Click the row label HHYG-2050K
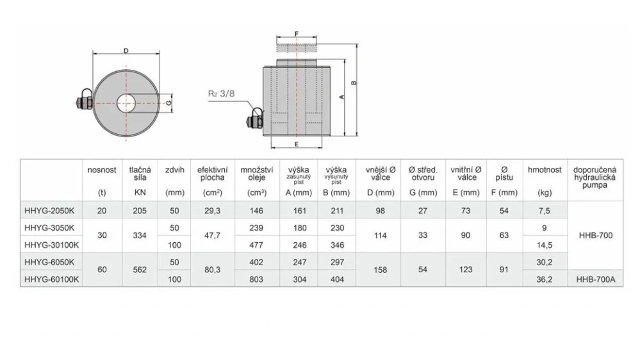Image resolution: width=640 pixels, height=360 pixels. (x=50, y=209)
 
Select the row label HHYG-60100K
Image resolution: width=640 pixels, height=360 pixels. (x=51, y=279)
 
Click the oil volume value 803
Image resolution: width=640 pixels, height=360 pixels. (x=256, y=279)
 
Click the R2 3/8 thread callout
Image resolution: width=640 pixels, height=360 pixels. (x=221, y=93)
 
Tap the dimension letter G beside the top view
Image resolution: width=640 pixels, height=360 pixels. (x=168, y=102)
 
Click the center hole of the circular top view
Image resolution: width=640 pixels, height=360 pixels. (x=126, y=101)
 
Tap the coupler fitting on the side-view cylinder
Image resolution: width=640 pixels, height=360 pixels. (x=255, y=119)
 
